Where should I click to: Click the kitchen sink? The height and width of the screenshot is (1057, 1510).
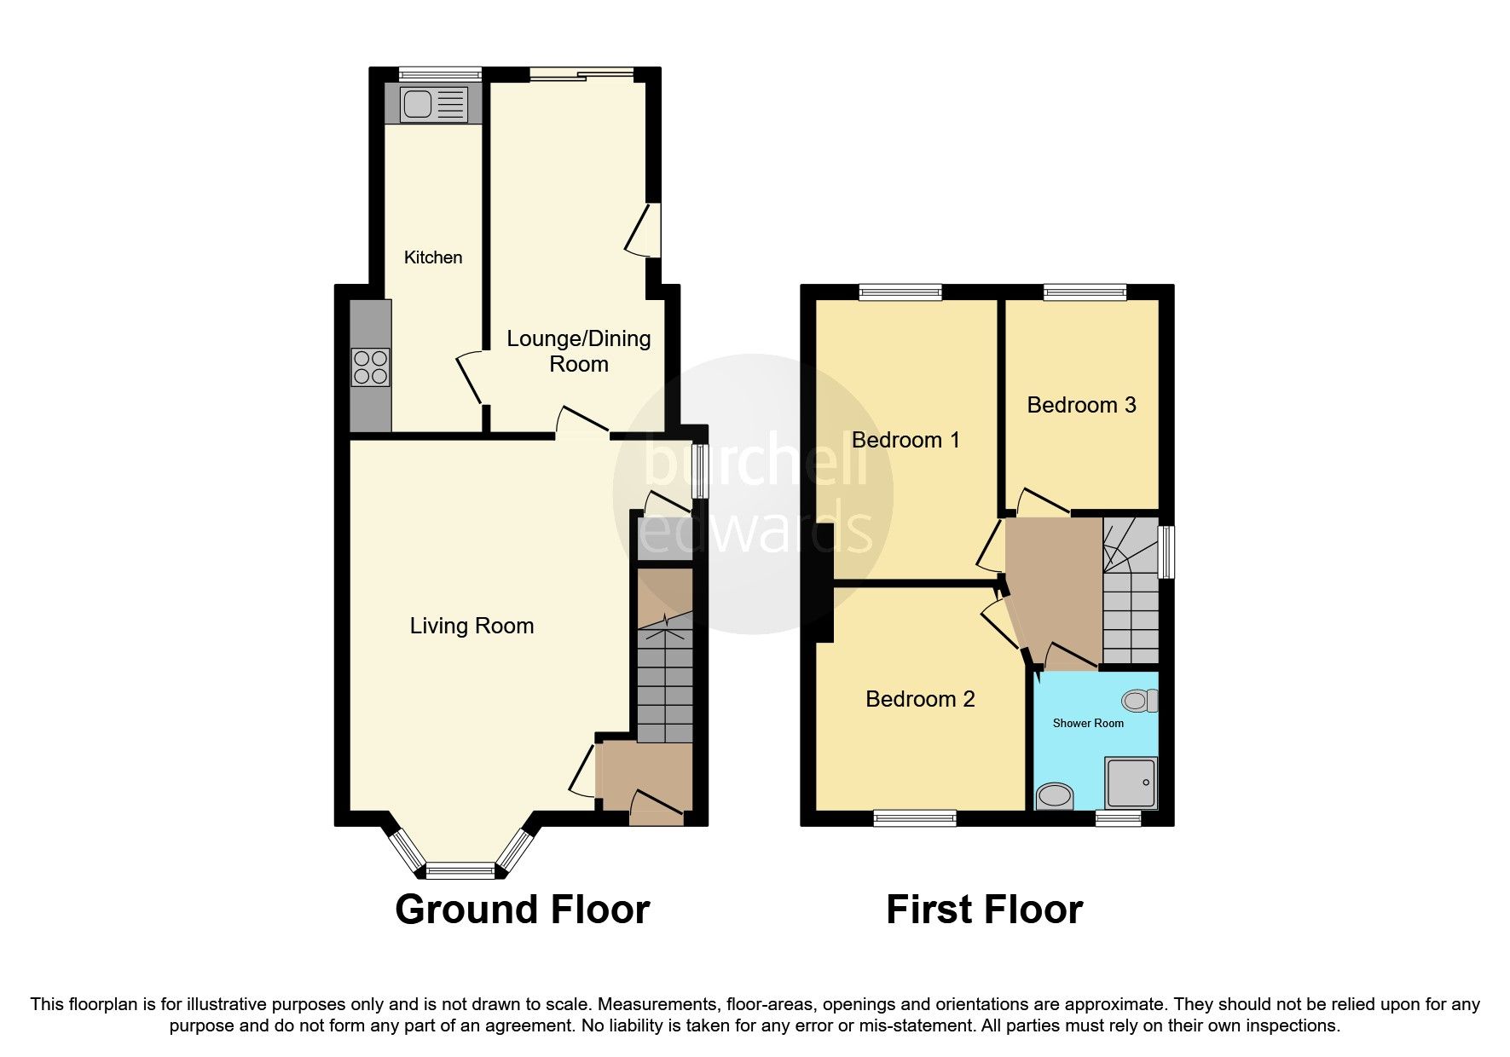click(x=434, y=104)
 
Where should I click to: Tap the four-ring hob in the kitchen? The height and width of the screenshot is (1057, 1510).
click(x=370, y=367)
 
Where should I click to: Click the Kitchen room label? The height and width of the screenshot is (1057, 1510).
click(x=433, y=257)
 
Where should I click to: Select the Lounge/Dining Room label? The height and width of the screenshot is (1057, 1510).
click(x=579, y=351)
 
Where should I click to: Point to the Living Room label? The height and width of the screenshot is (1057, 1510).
click(x=472, y=626)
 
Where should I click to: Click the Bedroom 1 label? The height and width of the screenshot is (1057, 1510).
click(x=905, y=440)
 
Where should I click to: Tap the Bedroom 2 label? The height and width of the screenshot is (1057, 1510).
click(x=920, y=699)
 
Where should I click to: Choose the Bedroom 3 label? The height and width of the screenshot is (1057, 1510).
click(x=1081, y=405)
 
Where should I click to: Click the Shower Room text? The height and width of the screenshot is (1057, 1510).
click(x=1088, y=723)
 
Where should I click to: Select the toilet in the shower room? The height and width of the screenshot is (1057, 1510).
click(x=1140, y=701)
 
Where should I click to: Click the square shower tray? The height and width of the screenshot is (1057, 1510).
click(x=1131, y=783)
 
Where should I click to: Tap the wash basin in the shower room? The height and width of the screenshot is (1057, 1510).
click(x=1054, y=797)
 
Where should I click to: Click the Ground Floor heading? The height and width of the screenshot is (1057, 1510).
click(x=522, y=910)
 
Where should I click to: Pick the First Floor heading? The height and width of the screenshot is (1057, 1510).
click(x=984, y=910)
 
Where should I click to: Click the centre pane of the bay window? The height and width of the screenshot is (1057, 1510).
click(x=460, y=870)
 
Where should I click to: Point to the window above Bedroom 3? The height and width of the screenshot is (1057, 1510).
click(x=1085, y=292)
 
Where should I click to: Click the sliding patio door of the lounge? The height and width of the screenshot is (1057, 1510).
click(x=581, y=74)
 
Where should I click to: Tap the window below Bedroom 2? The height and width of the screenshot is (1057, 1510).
click(x=914, y=818)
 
